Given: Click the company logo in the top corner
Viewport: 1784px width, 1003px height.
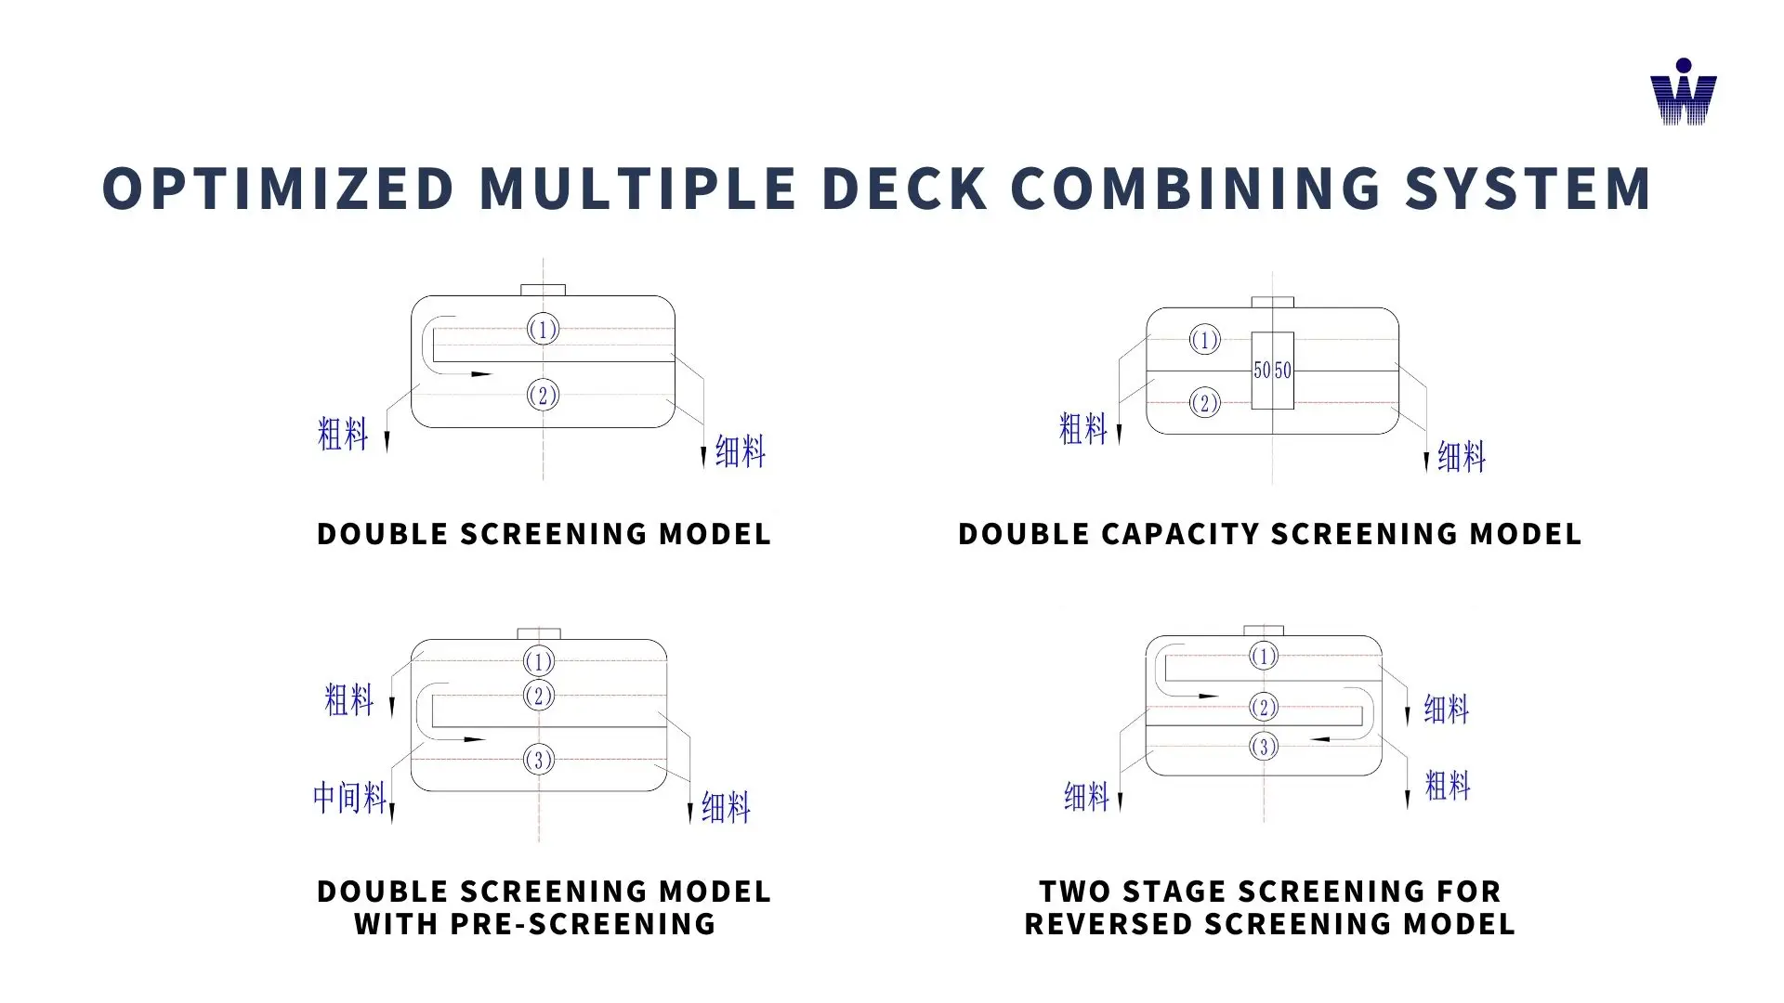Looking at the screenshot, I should (1683, 93).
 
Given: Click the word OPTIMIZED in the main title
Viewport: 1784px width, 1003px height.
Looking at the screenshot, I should (278, 189).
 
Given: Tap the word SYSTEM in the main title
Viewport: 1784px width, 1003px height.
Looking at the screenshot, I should (1528, 189).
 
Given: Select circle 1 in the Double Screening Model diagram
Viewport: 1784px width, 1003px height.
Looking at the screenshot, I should (543, 329).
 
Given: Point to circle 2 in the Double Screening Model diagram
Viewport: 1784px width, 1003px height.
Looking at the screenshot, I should (543, 396).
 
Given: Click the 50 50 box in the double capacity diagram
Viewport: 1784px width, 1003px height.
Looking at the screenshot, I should (1272, 371).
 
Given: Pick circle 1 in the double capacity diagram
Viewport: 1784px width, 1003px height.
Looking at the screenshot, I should (1205, 340).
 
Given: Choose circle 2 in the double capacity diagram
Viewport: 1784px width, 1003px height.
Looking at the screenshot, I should (1205, 403).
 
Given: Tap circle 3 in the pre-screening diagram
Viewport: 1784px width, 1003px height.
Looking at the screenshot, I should (539, 760).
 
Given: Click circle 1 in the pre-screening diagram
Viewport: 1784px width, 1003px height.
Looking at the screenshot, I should (539, 661).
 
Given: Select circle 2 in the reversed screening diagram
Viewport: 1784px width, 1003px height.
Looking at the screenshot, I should (1264, 708).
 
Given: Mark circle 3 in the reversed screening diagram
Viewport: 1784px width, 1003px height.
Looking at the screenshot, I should (1264, 747).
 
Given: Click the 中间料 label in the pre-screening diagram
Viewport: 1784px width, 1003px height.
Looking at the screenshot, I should (349, 797).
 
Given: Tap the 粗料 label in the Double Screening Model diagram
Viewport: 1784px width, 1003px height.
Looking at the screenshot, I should (343, 434).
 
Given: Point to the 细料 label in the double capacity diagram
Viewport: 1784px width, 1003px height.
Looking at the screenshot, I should (1462, 457).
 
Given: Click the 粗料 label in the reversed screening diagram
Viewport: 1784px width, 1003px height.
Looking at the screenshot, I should (1448, 786).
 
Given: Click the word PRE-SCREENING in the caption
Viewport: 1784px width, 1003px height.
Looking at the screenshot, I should (583, 924).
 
